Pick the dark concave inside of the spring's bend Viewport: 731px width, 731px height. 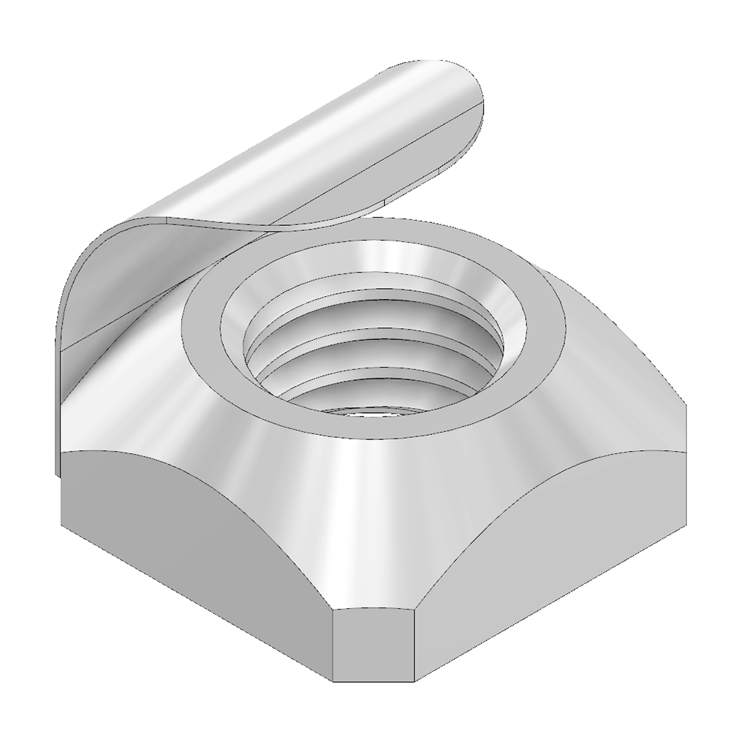tap(117, 278)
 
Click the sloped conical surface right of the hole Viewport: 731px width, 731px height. tap(599, 380)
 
